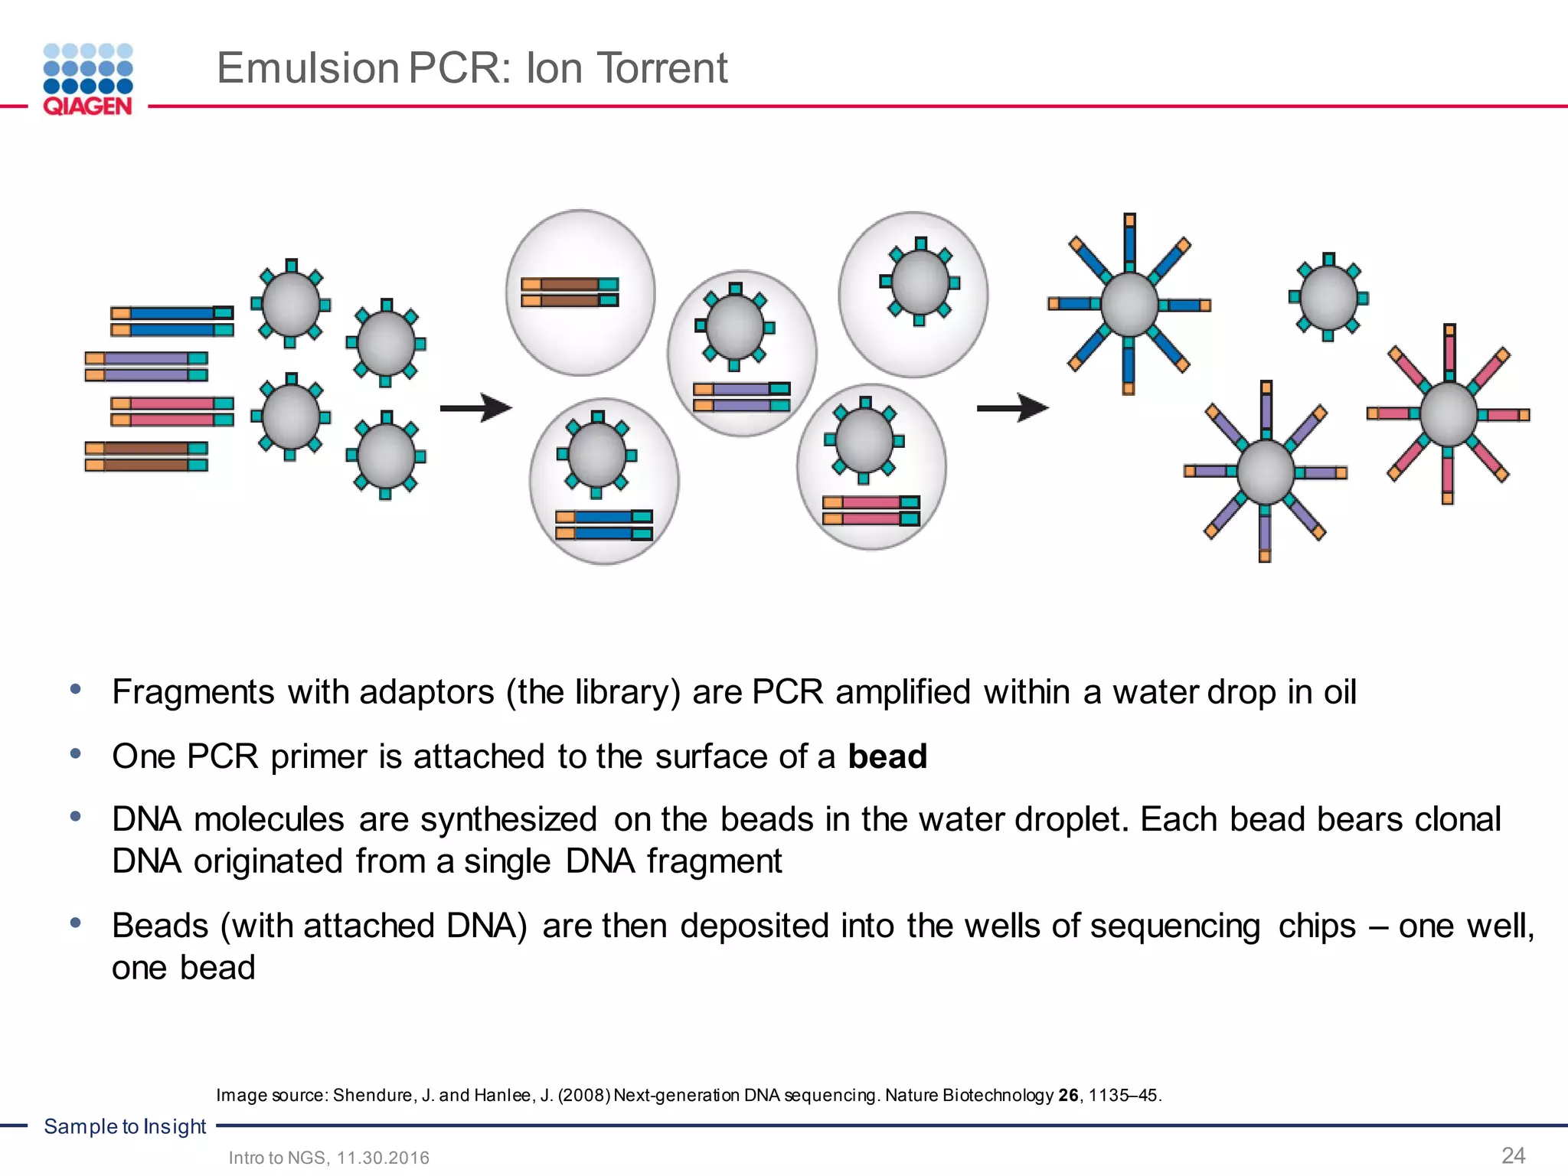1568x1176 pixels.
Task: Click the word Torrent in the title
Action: [x=661, y=68]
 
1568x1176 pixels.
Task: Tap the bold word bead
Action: [x=887, y=756]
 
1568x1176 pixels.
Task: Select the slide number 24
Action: [x=1513, y=1155]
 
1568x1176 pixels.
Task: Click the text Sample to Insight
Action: [x=125, y=1126]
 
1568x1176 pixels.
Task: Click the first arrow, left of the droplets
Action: [x=475, y=408]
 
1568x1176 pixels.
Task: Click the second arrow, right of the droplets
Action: [x=1012, y=408]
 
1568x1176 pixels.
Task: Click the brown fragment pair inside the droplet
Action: [x=570, y=292]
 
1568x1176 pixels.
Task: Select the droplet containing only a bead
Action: [x=913, y=295]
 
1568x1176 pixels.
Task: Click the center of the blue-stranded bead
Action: [x=1129, y=305]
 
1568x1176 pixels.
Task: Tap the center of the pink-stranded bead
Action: [x=1449, y=414]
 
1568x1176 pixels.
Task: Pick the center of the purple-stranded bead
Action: [x=1266, y=472]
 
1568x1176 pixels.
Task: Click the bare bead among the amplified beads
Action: [x=1329, y=298]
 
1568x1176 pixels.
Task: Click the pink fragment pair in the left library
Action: [x=172, y=411]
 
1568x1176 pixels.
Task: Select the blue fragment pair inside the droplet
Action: [x=604, y=525]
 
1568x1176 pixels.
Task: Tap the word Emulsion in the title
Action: [x=308, y=68]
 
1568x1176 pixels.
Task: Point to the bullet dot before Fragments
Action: [x=75, y=689]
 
